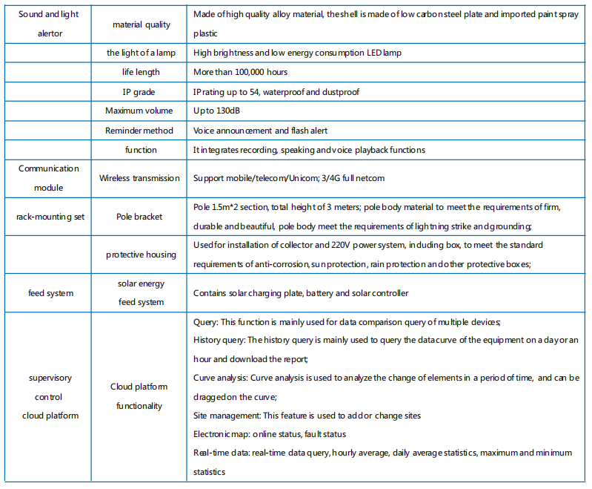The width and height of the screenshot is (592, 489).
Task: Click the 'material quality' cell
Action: tap(141, 24)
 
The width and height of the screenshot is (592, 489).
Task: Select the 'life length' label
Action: tap(141, 72)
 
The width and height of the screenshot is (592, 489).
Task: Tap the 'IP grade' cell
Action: tap(141, 91)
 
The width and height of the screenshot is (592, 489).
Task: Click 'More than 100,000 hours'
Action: tap(240, 72)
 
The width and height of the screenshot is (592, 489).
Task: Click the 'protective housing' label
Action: tap(141, 255)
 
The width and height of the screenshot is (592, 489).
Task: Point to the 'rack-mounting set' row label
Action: tap(50, 217)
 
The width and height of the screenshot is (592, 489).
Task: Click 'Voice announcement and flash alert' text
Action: tap(261, 130)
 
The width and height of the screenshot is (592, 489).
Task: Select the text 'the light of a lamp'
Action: tap(141, 53)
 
